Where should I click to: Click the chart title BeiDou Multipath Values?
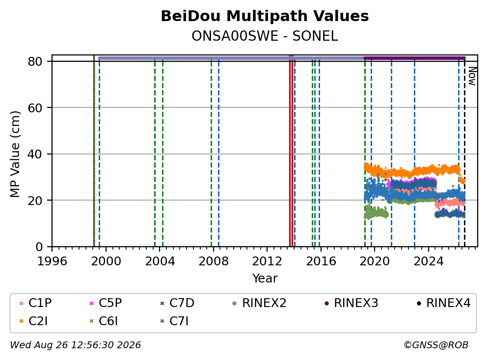click(x=265, y=16)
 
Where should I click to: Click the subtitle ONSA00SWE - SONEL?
click(x=265, y=36)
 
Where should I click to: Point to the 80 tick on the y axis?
click(x=35, y=61)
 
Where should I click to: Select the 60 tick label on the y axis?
click(x=35, y=108)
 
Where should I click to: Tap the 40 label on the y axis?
click(x=35, y=154)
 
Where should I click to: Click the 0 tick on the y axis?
click(x=39, y=247)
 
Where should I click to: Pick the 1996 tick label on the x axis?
click(x=52, y=261)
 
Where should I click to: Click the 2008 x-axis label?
click(x=214, y=261)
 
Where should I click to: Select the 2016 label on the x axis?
click(x=321, y=261)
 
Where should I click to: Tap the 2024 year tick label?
click(x=428, y=261)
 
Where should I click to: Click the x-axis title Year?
click(x=265, y=279)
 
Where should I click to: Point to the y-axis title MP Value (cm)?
click(x=15, y=154)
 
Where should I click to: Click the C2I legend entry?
click(x=33, y=321)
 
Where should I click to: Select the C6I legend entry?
click(x=104, y=321)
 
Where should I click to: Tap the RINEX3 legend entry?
click(x=352, y=303)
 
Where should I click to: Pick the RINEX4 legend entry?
click(x=443, y=303)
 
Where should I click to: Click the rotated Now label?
click(x=472, y=77)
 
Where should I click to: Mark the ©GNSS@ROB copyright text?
click(x=436, y=345)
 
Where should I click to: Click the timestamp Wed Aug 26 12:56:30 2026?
click(x=76, y=345)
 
